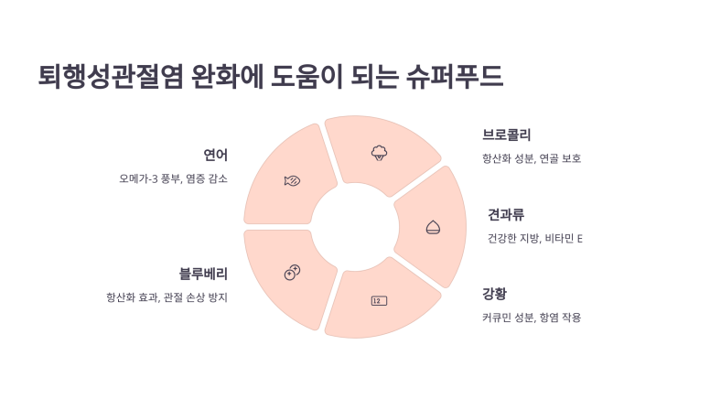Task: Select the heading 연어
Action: pos(215,154)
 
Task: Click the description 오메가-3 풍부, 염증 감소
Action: pos(173,178)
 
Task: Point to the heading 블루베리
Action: pos(203,273)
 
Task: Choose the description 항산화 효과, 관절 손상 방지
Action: pos(167,297)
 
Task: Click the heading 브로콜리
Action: pos(507,135)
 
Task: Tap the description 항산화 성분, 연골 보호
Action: pos(532,158)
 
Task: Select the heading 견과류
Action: pos(506,214)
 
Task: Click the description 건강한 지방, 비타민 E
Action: pos(535,238)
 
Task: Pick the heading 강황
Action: pos(494,294)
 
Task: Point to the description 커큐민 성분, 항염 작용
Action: pos(532,318)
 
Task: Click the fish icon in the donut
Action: pos(292,180)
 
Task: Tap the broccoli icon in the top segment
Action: pos(379,152)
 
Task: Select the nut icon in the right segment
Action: pos(433,227)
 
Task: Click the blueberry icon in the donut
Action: pos(292,272)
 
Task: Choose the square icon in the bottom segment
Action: pos(378,300)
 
